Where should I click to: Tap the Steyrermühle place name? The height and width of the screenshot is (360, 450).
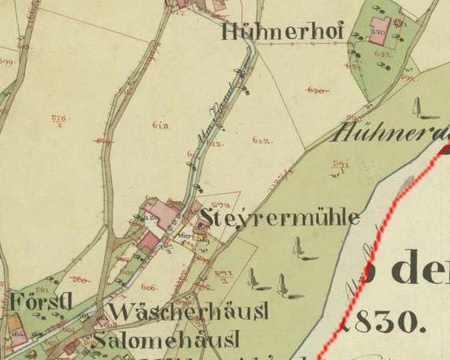(279, 217)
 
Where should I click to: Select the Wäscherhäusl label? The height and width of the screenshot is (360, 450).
(189, 311)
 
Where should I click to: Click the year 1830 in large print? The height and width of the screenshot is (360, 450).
(377, 319)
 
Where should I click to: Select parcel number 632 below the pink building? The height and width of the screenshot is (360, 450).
(383, 54)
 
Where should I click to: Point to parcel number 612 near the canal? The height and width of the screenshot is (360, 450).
(261, 140)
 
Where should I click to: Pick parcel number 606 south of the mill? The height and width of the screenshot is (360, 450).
(149, 287)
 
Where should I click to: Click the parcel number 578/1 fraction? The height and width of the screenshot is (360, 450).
(59, 119)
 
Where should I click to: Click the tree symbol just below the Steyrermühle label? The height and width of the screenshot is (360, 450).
(298, 247)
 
